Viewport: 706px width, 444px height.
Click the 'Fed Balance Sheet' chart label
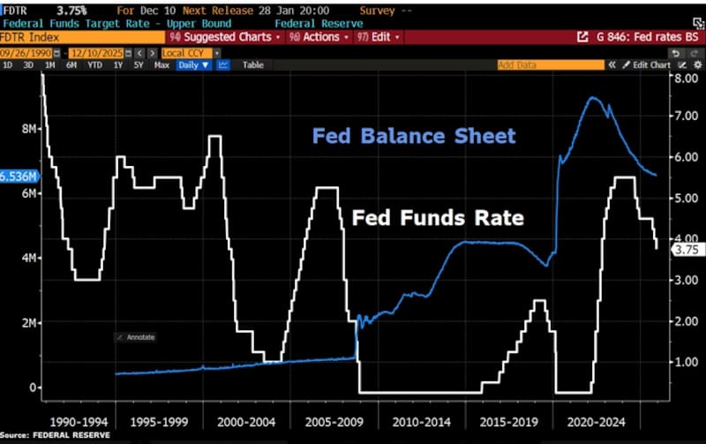pyautogui.click(x=413, y=137)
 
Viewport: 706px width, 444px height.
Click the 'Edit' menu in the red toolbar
pyautogui.click(x=379, y=38)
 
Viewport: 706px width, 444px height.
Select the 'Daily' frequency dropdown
pyautogui.click(x=190, y=65)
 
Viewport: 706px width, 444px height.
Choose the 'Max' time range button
pyautogui.click(x=161, y=65)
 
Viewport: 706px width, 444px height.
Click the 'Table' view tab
pyautogui.click(x=253, y=65)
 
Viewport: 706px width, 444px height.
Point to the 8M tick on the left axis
pyautogui.click(x=28, y=129)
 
